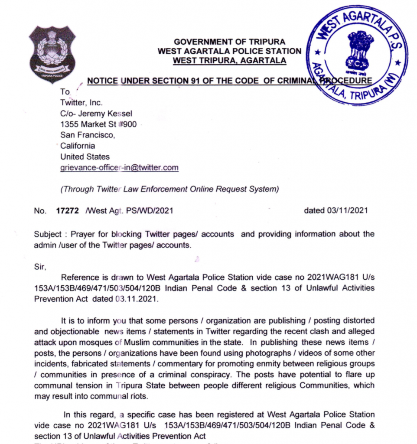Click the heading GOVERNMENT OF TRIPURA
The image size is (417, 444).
(229, 42)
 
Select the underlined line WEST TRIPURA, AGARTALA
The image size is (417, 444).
(229, 60)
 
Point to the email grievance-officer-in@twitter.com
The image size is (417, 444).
(119, 168)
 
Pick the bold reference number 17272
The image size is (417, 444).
(68, 211)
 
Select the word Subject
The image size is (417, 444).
(48, 234)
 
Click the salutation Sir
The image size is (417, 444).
(39, 267)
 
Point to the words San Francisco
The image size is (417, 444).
(88, 135)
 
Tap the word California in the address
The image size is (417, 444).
(78, 146)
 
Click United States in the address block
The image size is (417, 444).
(85, 157)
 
